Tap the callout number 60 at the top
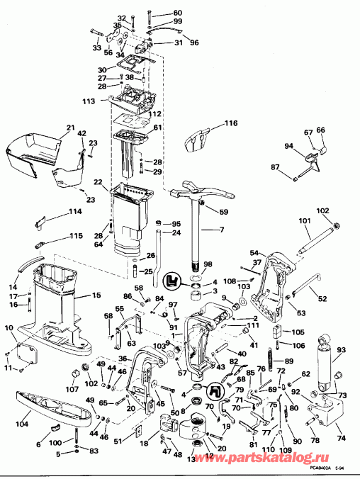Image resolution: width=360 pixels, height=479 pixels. [176, 13]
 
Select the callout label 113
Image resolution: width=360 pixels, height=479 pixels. [88, 101]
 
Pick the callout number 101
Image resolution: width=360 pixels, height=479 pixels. [305, 220]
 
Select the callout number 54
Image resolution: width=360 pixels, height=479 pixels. [254, 252]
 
